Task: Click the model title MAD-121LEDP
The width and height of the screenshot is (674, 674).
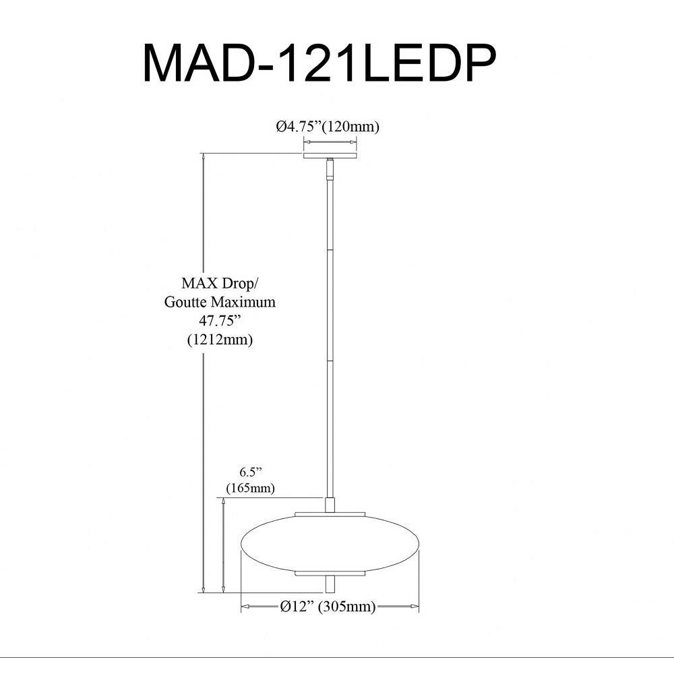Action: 319,63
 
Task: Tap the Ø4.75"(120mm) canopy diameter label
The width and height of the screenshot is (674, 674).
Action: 328,127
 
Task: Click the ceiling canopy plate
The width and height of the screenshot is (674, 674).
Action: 330,155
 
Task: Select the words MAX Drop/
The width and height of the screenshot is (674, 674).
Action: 220,283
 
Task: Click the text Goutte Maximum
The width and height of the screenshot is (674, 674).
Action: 220,302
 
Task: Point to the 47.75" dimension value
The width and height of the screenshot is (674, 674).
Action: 219,321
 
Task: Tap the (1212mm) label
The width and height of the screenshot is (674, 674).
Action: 220,340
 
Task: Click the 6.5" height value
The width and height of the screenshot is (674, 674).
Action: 250,472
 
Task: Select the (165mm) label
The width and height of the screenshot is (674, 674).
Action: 250,488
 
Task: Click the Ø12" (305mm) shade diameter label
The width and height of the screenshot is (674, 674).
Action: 328,607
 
